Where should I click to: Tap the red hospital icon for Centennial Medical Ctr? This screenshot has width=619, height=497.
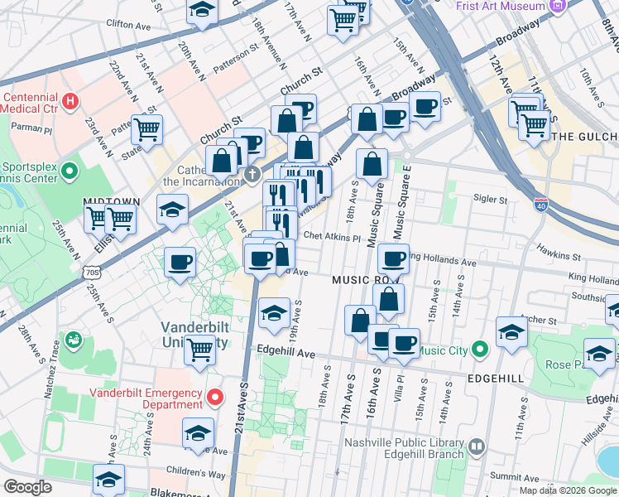click(x=71, y=102)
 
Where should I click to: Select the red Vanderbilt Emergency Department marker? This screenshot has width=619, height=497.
click(x=215, y=398)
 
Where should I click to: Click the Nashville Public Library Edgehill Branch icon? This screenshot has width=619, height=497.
click(x=476, y=448)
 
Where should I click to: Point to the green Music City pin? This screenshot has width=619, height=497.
click(x=478, y=350)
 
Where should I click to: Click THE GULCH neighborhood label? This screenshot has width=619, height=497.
click(x=584, y=137)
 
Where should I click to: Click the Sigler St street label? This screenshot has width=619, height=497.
click(x=490, y=200)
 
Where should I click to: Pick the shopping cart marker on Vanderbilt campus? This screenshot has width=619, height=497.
click(x=199, y=350)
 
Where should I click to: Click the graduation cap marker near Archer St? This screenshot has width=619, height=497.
click(x=511, y=331)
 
